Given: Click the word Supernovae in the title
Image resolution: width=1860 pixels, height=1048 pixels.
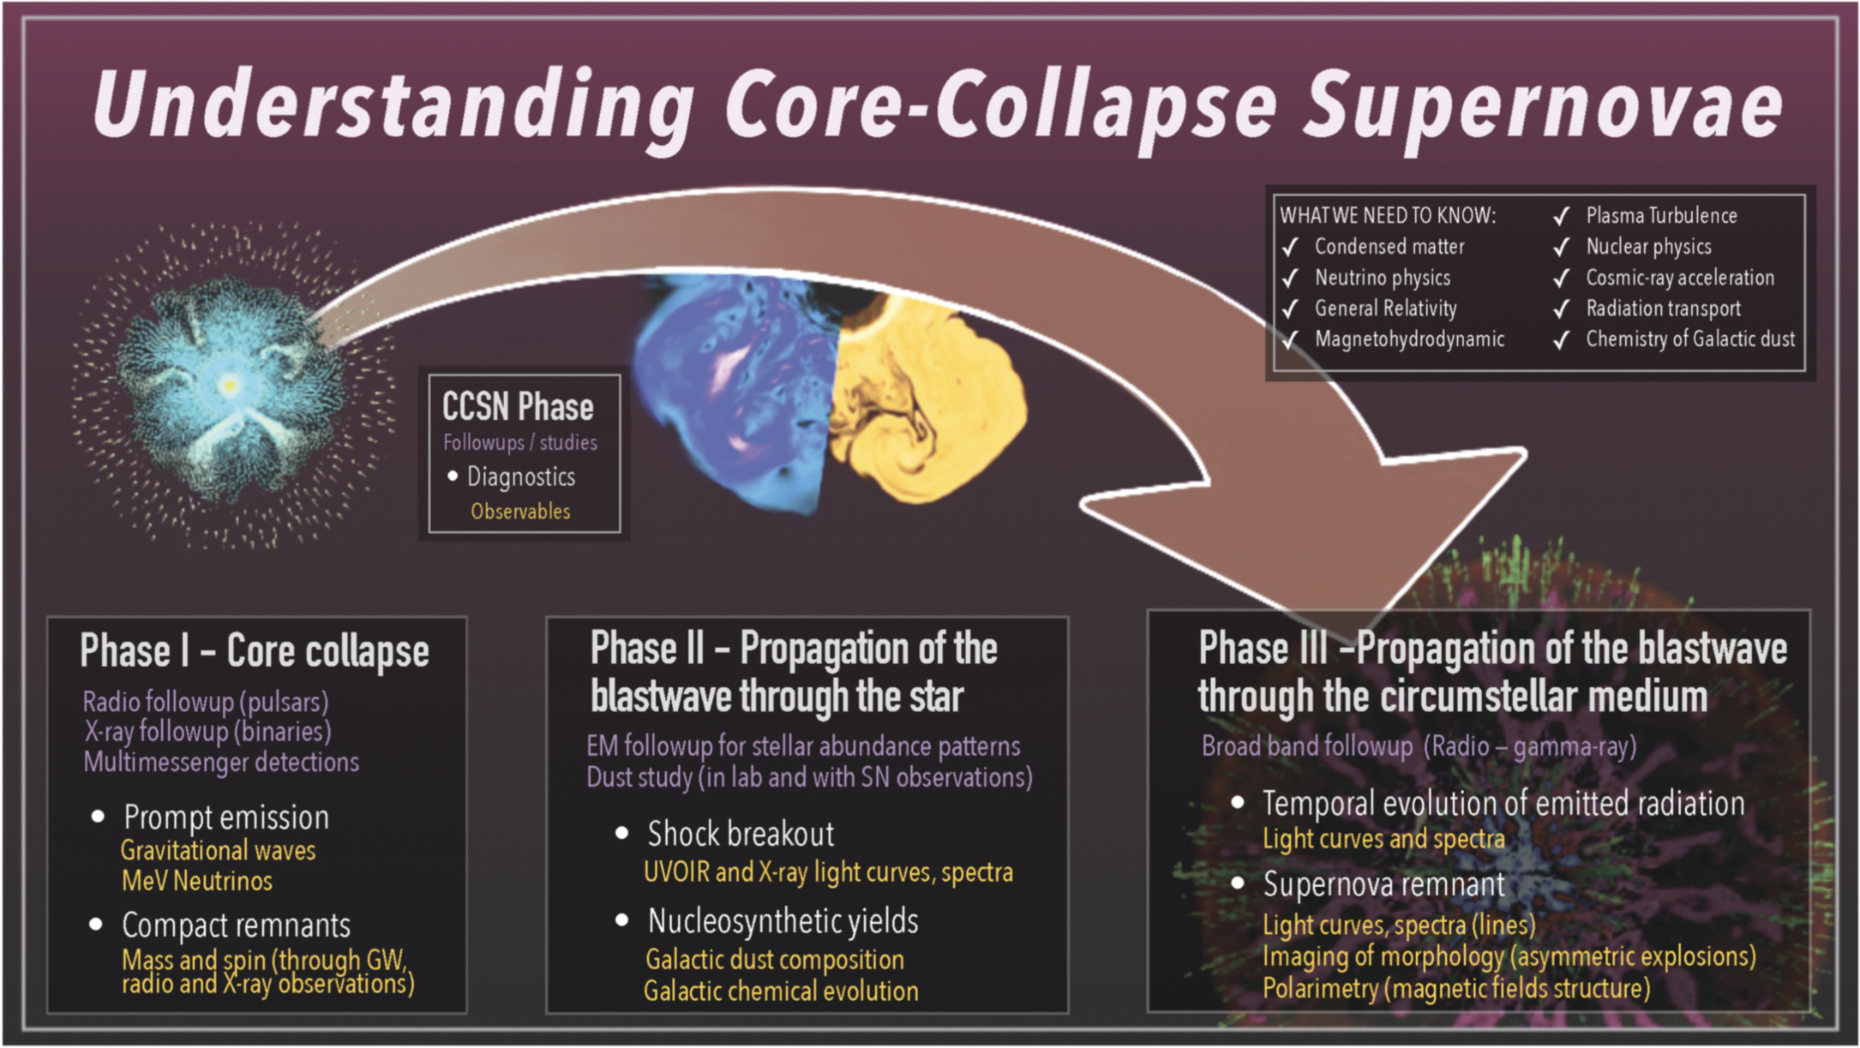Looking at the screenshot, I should tap(1543, 107).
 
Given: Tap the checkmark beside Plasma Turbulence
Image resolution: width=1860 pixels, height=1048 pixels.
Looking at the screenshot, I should tap(1561, 216).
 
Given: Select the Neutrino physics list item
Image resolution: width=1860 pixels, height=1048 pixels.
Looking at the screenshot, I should tap(1382, 278).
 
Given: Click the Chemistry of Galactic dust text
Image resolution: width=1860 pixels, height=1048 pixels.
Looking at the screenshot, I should tap(1689, 339).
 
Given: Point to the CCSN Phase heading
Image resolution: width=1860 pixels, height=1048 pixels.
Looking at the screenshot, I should tap(518, 407).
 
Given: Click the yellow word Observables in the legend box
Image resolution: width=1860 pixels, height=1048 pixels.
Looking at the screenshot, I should tap(520, 512).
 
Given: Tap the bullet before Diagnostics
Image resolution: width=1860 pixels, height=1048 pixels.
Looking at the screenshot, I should tap(453, 476).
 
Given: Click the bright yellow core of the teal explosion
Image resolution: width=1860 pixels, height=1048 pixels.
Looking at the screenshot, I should tap(229, 385).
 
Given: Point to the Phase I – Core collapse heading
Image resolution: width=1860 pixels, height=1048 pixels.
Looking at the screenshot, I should tap(255, 651).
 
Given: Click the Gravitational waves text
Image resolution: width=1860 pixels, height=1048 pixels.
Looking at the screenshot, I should tap(218, 851).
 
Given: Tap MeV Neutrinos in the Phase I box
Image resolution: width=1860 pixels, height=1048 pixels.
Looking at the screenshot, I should tap(197, 881).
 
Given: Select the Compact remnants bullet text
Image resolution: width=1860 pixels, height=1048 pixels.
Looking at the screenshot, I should tap(236, 925).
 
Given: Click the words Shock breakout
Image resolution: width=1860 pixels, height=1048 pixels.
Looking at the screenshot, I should tap(741, 834).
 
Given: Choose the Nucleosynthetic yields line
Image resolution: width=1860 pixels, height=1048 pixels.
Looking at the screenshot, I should tap(783, 921).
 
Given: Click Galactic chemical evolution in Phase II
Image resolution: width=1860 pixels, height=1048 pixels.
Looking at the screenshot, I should tap(781, 991).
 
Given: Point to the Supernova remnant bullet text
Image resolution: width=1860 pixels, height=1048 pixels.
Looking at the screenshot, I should tap(1383, 884).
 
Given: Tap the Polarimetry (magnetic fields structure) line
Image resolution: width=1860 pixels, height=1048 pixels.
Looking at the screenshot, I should tap(1456, 989).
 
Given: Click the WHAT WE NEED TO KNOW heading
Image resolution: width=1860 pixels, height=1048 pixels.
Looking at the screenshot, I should tap(1388, 216).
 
